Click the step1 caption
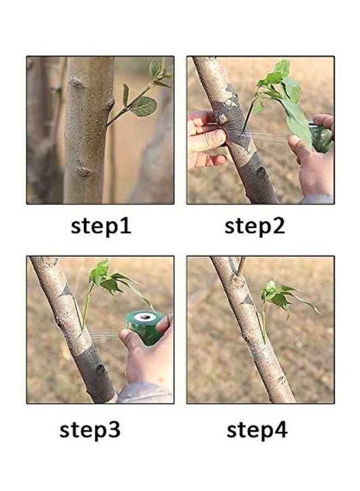coord(101,226)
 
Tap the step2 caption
coord(255,226)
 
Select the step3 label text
coord(90,430)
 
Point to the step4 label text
coord(257,430)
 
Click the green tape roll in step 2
coord(321,139)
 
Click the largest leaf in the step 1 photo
coord(143,106)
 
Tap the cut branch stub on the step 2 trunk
coord(222,119)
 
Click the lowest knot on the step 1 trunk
coord(83,171)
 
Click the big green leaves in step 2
coord(289,98)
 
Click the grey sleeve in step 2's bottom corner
coord(319,199)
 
